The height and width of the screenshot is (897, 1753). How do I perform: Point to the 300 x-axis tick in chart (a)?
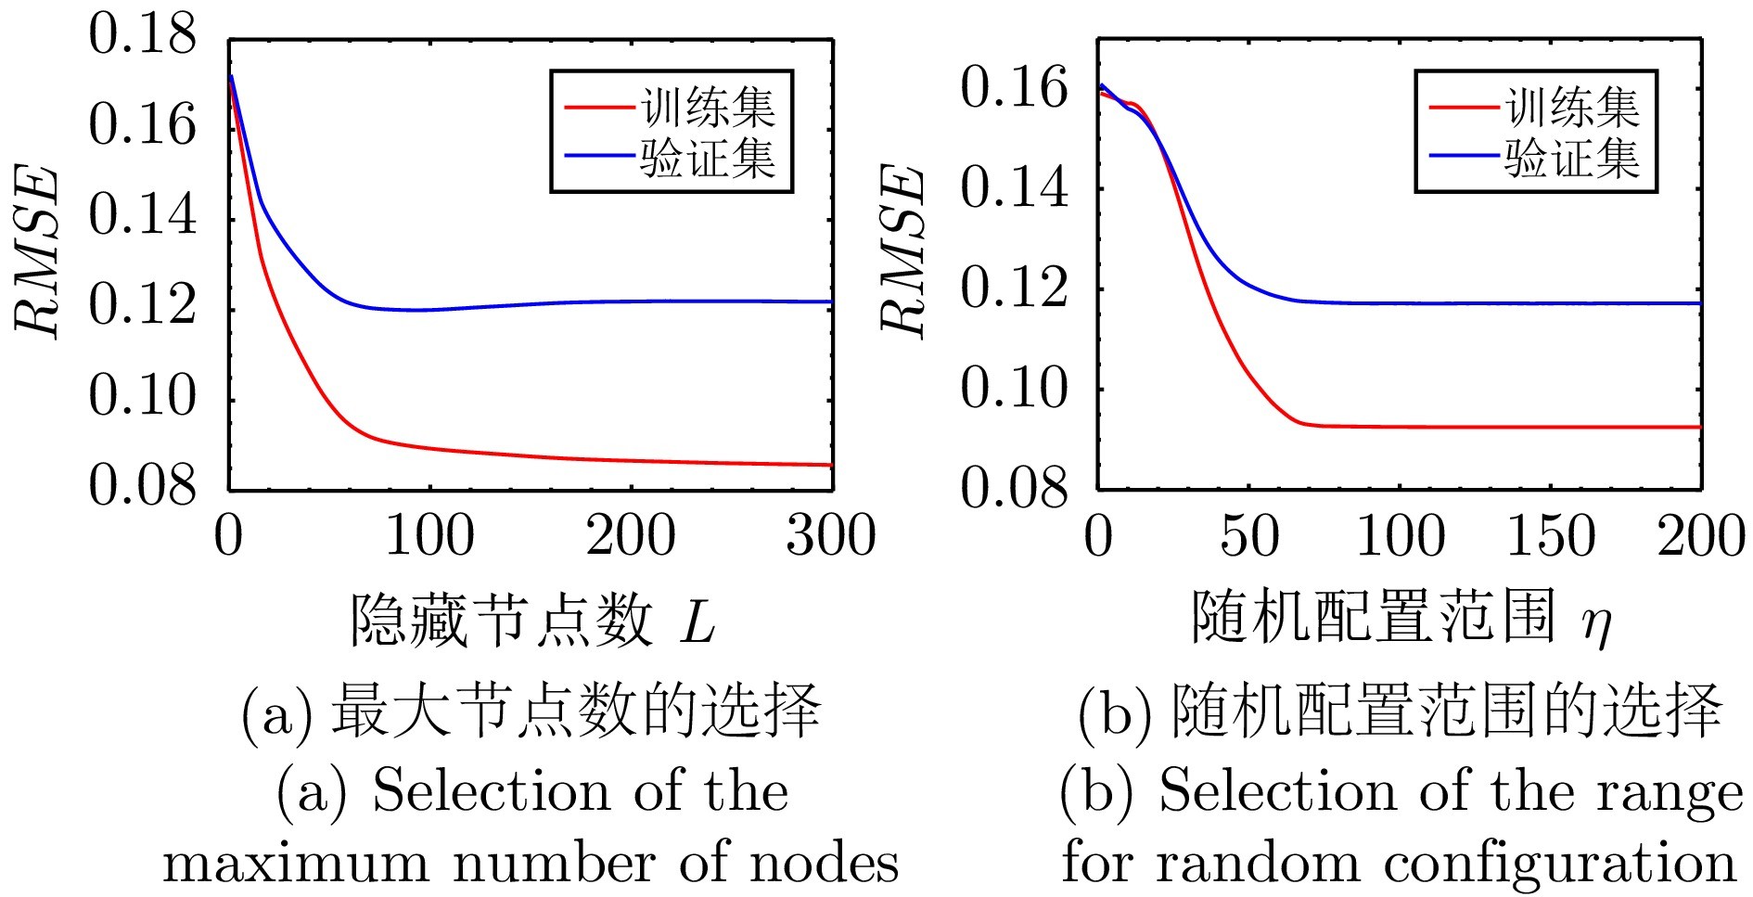pyautogui.click(x=831, y=537)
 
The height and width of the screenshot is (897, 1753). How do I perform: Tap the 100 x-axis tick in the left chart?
pyautogui.click(x=429, y=537)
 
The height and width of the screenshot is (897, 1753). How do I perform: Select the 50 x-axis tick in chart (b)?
pyautogui.click(x=1249, y=537)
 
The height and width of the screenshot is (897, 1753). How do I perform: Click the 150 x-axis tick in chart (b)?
pyautogui.click(x=1551, y=537)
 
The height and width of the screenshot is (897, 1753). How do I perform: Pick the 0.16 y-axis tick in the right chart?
pyautogui.click(x=1014, y=90)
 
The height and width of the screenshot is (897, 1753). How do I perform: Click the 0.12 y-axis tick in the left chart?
pyautogui.click(x=143, y=305)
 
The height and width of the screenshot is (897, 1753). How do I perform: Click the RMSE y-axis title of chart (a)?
pyautogui.click(x=39, y=252)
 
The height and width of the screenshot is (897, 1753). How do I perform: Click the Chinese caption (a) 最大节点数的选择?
pyautogui.click(x=531, y=711)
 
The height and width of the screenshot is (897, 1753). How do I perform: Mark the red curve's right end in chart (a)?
pyautogui.click(x=830, y=465)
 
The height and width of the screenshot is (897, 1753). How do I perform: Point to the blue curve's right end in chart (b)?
pyautogui.click(x=1699, y=303)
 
